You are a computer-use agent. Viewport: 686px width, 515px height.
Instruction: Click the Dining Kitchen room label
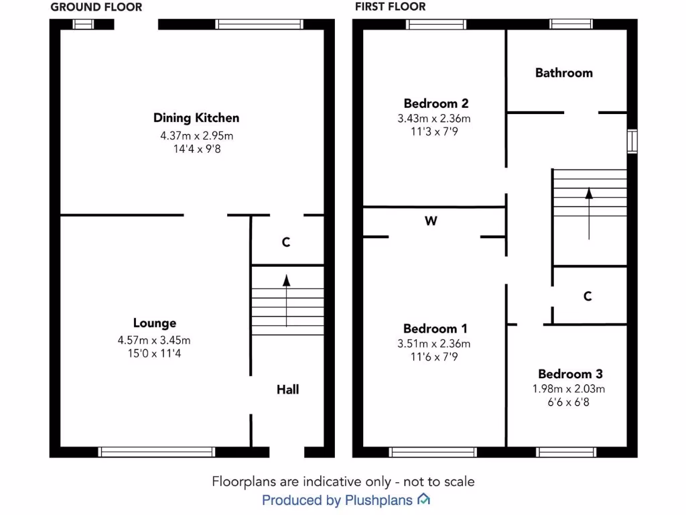click(196, 118)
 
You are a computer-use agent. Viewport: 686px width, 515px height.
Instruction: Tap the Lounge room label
click(154, 323)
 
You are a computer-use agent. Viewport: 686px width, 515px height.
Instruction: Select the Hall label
click(288, 389)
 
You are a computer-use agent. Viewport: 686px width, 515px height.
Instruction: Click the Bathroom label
click(563, 72)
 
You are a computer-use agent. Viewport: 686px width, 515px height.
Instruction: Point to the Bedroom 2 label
click(435, 103)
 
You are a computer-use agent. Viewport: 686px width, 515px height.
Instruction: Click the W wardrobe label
click(431, 221)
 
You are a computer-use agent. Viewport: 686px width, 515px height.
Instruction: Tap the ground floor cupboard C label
click(286, 242)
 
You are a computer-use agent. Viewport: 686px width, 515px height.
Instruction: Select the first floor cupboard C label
click(588, 296)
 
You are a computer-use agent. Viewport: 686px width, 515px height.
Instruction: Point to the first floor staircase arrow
click(589, 213)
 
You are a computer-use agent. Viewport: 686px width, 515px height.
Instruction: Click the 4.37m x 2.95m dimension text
click(196, 135)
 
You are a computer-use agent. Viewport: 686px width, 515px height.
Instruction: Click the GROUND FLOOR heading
click(96, 7)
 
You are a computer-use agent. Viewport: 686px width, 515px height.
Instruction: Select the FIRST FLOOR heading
click(391, 7)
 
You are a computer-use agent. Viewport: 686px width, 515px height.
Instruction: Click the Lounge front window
click(157, 452)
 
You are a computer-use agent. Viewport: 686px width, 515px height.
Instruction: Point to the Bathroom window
click(571, 24)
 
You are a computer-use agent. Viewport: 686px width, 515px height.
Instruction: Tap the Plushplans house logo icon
click(423, 500)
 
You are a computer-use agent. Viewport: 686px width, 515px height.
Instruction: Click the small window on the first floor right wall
click(632, 141)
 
